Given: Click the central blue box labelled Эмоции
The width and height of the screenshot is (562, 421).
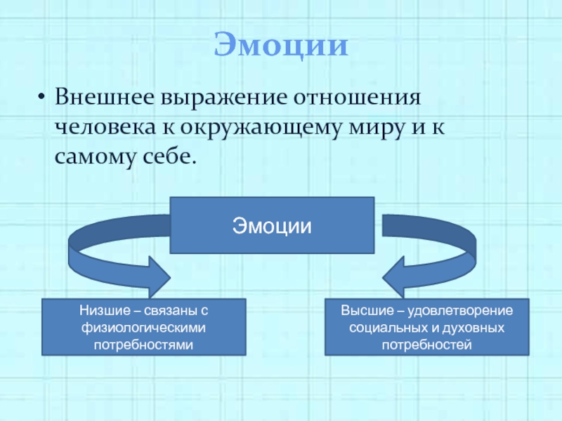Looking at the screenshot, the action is point(273,225).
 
